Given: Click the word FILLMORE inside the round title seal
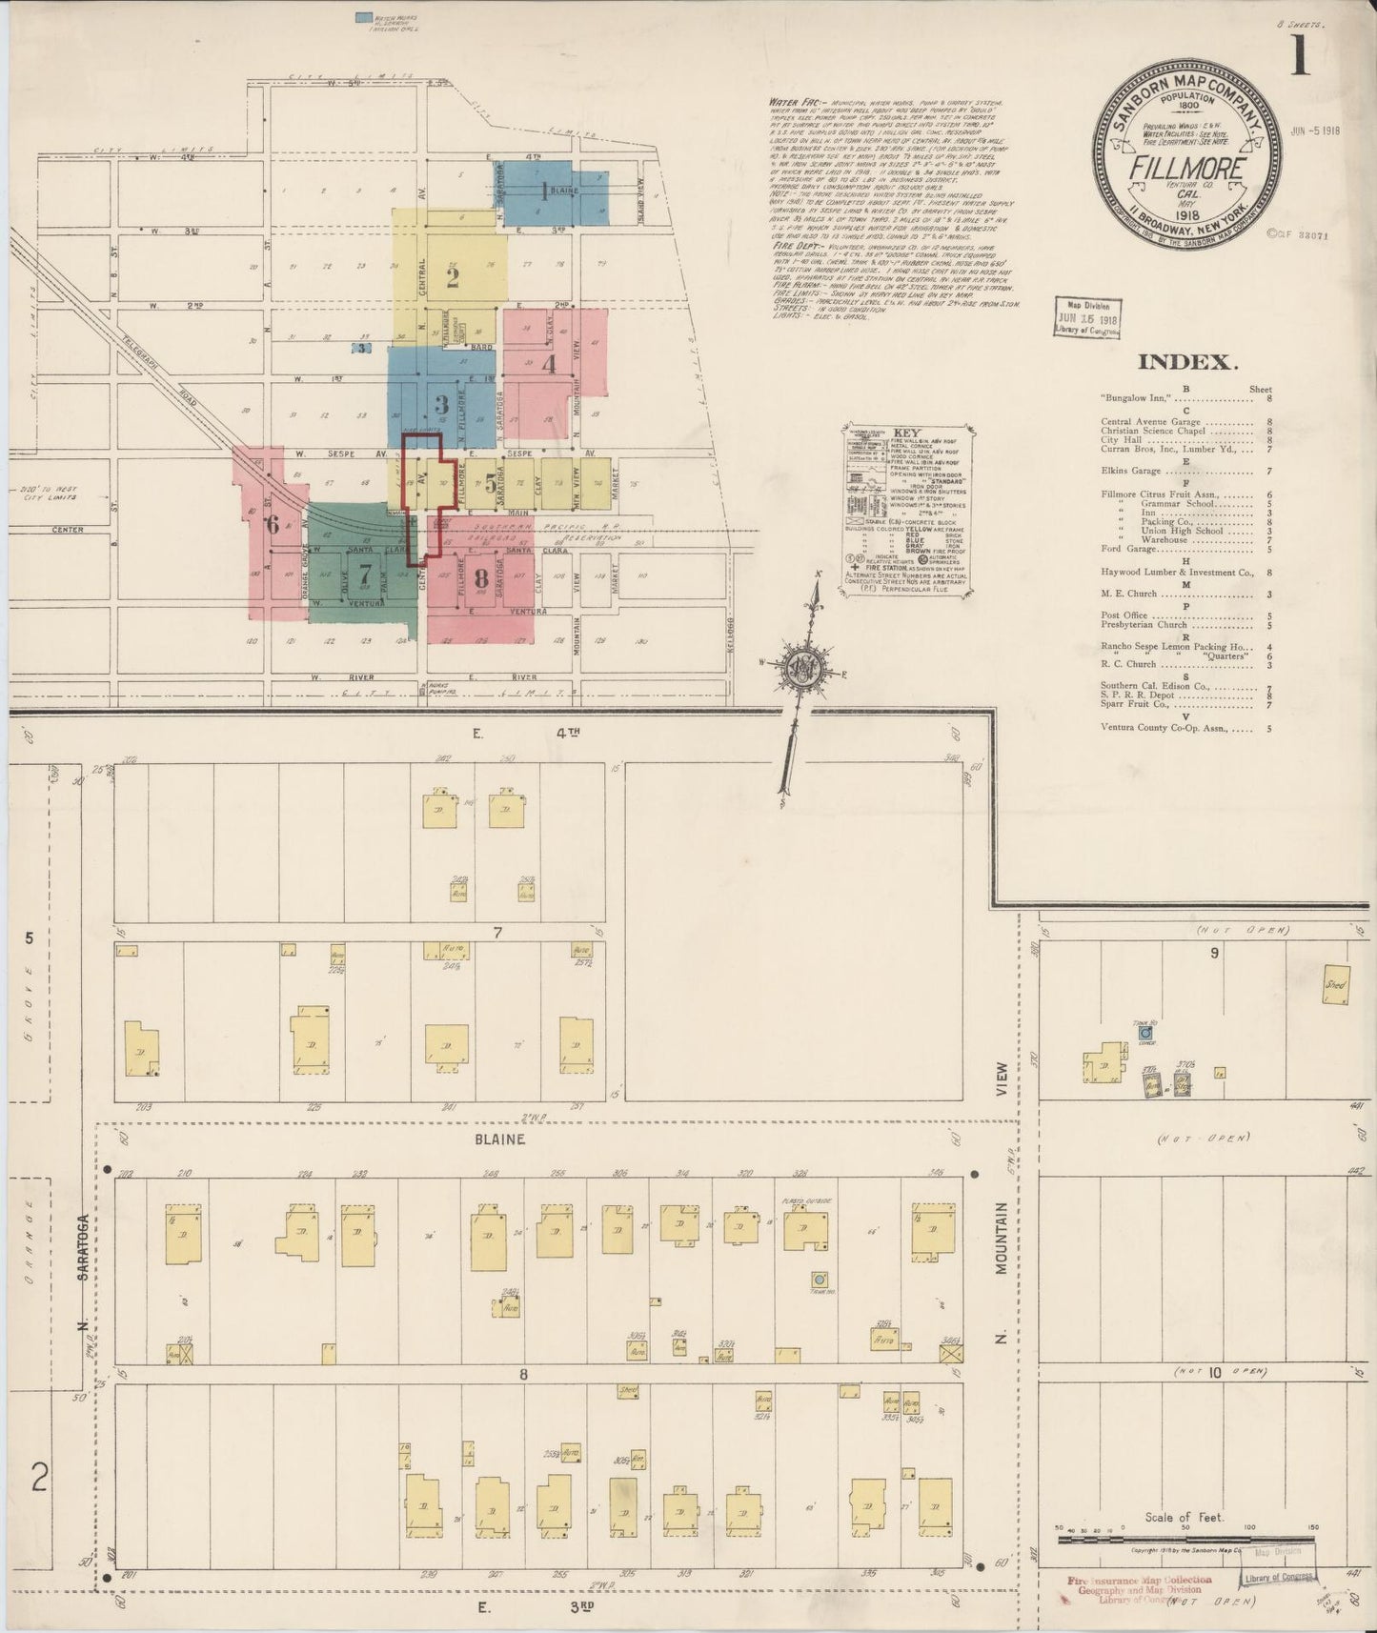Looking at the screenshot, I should (1186, 168).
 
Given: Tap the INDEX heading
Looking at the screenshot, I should (1187, 362).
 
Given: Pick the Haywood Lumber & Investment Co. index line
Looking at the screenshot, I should (1176, 573).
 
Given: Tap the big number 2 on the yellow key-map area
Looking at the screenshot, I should (452, 277).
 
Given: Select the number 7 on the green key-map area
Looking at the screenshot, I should (363, 575).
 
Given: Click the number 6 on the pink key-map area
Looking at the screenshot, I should (273, 524).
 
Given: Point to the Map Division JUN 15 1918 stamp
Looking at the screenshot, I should (1086, 316).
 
